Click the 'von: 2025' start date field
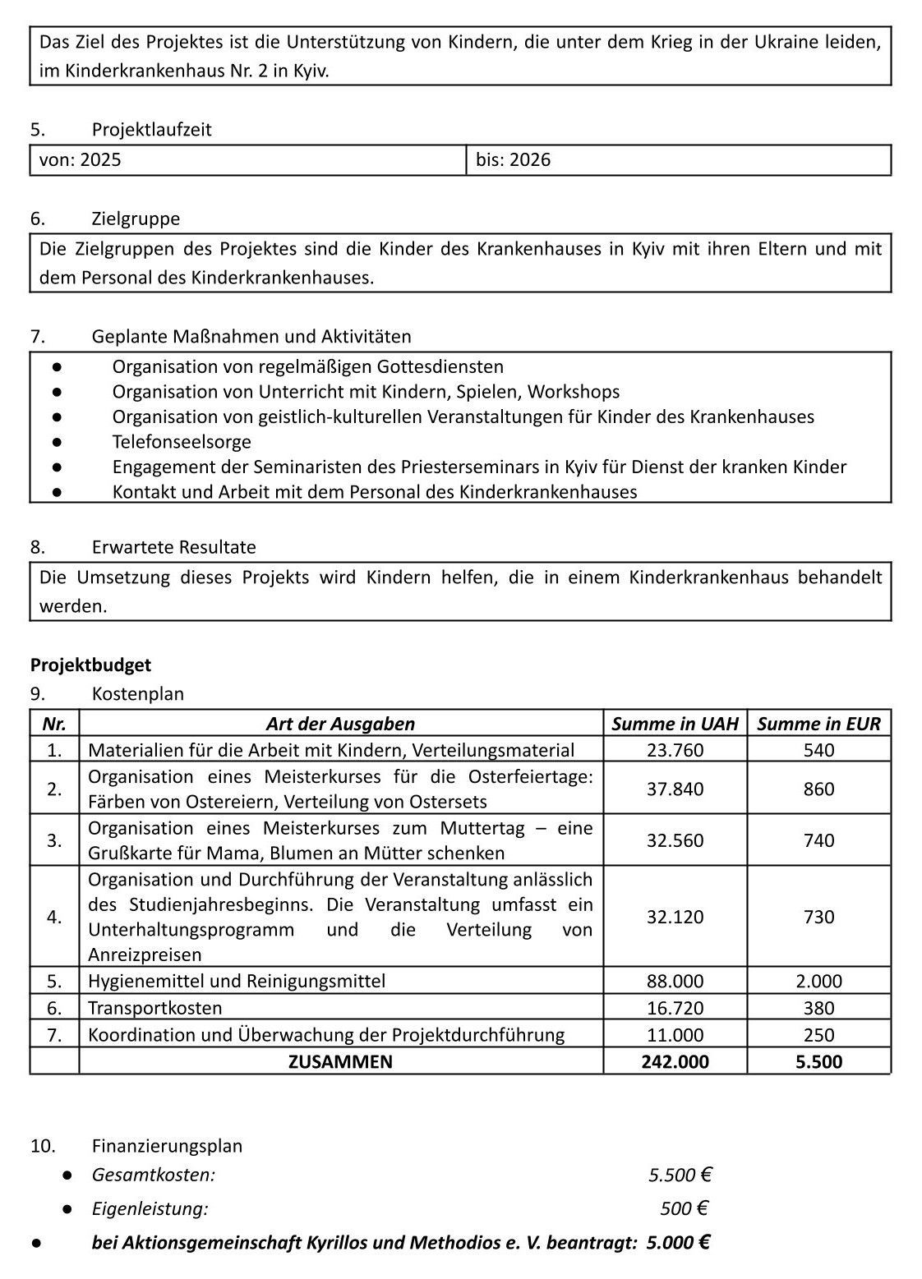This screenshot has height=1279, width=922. pyautogui.click(x=81, y=160)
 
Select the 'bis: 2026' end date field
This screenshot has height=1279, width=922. pyautogui.click(x=514, y=160)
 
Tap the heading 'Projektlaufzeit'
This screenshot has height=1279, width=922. pyautogui.click(x=151, y=130)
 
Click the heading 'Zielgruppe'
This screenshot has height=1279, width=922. pyautogui.click(x=136, y=219)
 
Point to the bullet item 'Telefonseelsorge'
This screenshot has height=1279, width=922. pyautogui.click(x=182, y=442)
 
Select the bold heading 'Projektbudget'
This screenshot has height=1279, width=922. pyautogui.click(x=90, y=665)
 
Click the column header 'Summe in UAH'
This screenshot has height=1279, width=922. pyautogui.click(x=675, y=724)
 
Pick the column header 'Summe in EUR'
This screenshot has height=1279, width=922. pyautogui.click(x=818, y=724)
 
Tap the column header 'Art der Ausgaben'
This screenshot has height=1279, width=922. pyautogui.click(x=340, y=724)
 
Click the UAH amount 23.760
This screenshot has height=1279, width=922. pyautogui.click(x=675, y=750)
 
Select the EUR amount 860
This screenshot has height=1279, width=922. pyautogui.click(x=818, y=789)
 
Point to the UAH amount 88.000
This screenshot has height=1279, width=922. pyautogui.click(x=675, y=982)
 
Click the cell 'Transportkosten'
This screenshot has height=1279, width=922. pyautogui.click(x=155, y=1008)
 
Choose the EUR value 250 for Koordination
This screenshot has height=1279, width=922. pyautogui.click(x=818, y=1035)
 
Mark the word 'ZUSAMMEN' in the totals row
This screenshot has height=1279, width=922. pyautogui.click(x=340, y=1061)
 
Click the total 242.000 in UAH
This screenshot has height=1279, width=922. pyautogui.click(x=675, y=1061)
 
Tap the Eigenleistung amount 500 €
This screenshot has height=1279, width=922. pyautogui.click(x=684, y=1208)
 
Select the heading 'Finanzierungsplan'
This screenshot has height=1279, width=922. pyautogui.click(x=167, y=1146)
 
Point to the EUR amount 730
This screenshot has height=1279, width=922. pyautogui.click(x=818, y=918)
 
